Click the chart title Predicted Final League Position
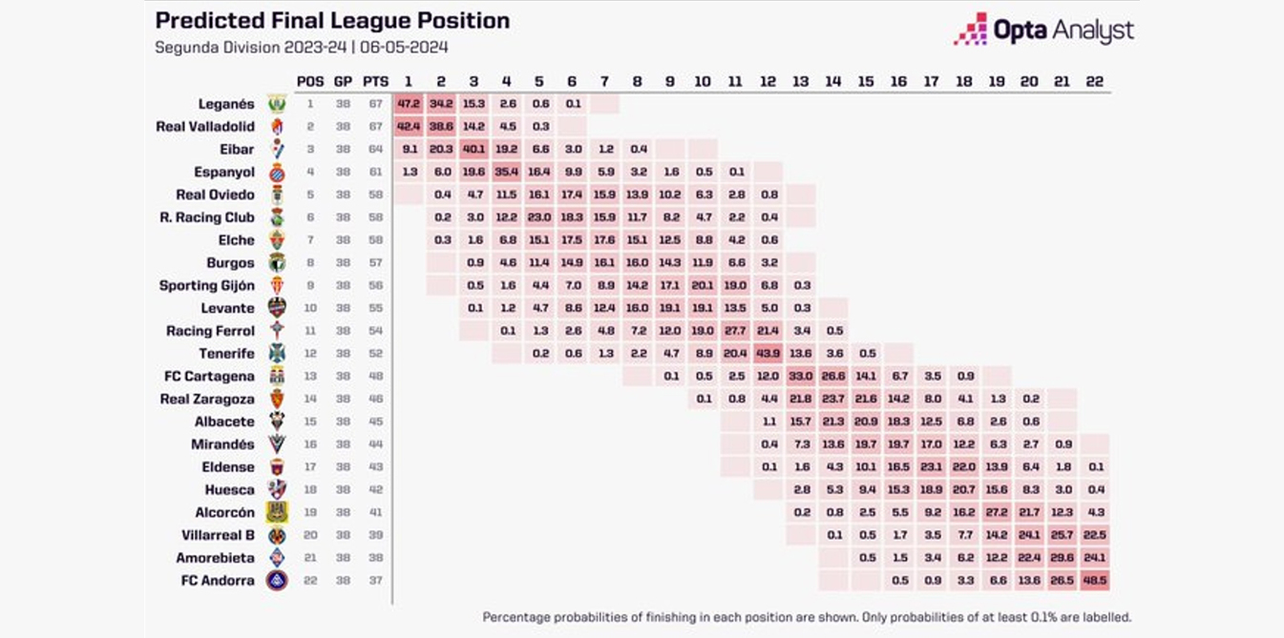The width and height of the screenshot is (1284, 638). pyautogui.click(x=332, y=21)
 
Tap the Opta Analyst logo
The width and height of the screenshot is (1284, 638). pyautogui.click(x=1043, y=30)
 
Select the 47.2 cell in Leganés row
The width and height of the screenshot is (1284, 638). pyautogui.click(x=409, y=104)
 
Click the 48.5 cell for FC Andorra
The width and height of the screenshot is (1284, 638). pyautogui.click(x=1094, y=580)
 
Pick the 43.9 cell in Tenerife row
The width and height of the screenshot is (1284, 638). pyautogui.click(x=768, y=353)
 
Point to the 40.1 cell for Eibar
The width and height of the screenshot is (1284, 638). pyautogui.click(x=474, y=149)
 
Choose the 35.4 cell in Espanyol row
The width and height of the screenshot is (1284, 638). pyautogui.click(x=506, y=172)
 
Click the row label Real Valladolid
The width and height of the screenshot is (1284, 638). pyautogui.click(x=205, y=127)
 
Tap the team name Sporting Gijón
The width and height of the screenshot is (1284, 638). pyautogui.click(x=207, y=285)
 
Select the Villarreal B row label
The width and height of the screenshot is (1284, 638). pyautogui.click(x=218, y=535)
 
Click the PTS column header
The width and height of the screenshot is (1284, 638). pyautogui.click(x=375, y=82)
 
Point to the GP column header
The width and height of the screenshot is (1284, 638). pyautogui.click(x=343, y=82)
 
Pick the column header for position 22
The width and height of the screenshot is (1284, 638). pyautogui.click(x=1094, y=82)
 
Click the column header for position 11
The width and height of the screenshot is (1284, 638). pyautogui.click(x=735, y=82)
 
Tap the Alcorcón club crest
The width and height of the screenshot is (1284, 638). pyautogui.click(x=277, y=512)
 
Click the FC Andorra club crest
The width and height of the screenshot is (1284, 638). pyautogui.click(x=277, y=580)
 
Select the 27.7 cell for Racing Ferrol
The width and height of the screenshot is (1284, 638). pyautogui.click(x=735, y=331)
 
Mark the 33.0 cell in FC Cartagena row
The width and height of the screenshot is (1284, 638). pyautogui.click(x=800, y=376)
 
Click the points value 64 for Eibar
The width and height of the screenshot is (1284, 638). pyautogui.click(x=375, y=150)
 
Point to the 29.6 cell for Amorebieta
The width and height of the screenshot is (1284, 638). pyautogui.click(x=1062, y=557)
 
